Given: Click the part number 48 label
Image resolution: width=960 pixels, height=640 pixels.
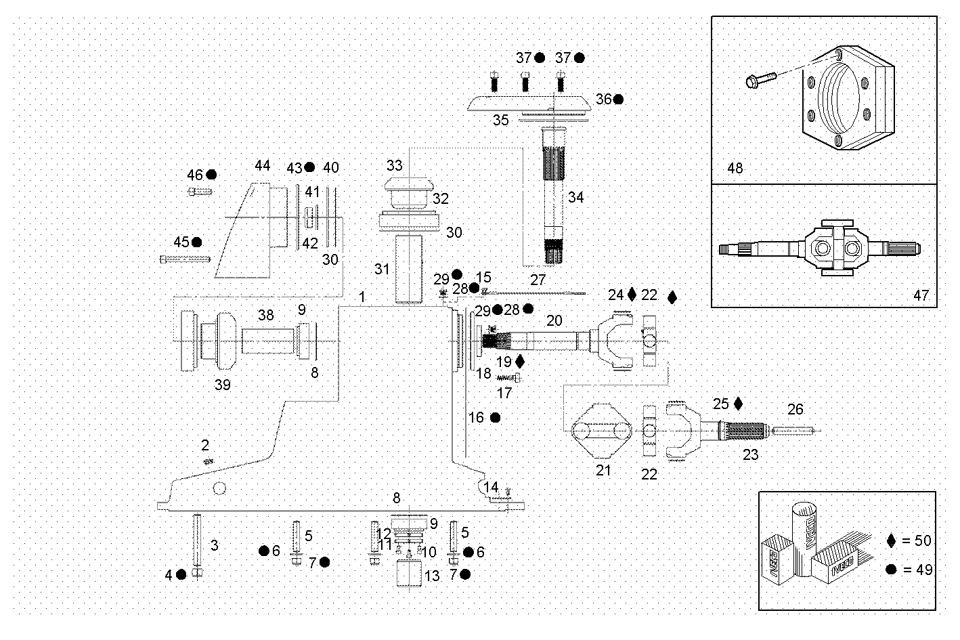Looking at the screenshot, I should coord(735,167).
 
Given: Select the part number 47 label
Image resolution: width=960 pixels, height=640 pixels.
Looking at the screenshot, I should coord(921,295).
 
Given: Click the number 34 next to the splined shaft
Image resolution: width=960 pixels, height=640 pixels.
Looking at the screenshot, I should coord(575,197).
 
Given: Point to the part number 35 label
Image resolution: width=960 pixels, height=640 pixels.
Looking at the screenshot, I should coord(500,120).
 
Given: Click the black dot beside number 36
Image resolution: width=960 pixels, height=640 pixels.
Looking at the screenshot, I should coord(618,100).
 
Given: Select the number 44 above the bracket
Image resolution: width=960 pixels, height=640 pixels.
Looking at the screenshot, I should coord(262,165).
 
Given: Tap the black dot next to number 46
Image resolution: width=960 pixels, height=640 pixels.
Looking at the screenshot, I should coord(212,175).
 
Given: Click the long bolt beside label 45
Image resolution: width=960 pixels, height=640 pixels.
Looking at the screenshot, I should coord(185,259).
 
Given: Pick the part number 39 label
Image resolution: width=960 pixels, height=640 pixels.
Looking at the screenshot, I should coord(222,385).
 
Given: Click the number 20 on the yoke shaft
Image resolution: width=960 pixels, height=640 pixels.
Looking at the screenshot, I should coord(554,320).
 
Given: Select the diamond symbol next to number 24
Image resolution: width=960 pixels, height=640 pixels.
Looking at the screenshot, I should coord(632,294).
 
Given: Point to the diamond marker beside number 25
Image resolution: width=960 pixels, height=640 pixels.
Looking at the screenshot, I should coord(738,404).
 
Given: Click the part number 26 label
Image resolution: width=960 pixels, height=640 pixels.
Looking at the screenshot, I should coord(795,409).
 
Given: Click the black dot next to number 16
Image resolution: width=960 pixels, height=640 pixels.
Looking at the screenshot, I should coord(495,418).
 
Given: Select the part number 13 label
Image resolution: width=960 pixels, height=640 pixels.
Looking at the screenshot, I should coord(432,577).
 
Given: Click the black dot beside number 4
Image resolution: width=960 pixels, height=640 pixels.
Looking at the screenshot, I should coord(181,574).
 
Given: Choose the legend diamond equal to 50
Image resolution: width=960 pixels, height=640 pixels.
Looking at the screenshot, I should coord(891,540).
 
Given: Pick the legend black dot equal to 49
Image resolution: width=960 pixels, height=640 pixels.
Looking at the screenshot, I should coord(891,570).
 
